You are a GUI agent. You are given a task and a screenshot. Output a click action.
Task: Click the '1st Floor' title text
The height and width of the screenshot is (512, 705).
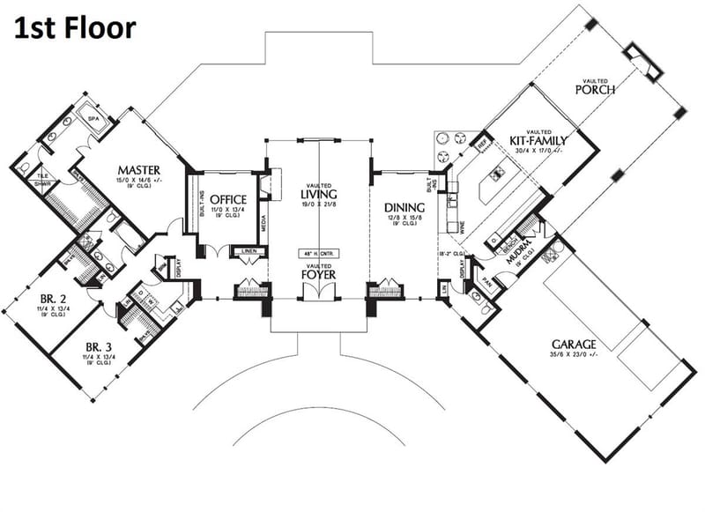point(74,28)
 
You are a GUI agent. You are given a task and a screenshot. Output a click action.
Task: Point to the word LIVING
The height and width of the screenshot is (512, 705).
point(317,193)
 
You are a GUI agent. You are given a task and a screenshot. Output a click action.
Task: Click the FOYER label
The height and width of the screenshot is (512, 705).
point(318,273)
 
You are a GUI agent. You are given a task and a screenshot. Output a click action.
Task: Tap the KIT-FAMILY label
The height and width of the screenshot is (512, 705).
point(538,140)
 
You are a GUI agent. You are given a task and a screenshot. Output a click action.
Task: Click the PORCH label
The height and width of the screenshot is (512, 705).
point(594,89)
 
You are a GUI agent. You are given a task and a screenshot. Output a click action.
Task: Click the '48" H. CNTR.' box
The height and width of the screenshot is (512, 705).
point(318,254)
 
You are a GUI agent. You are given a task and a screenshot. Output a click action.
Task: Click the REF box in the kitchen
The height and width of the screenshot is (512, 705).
point(482,142)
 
